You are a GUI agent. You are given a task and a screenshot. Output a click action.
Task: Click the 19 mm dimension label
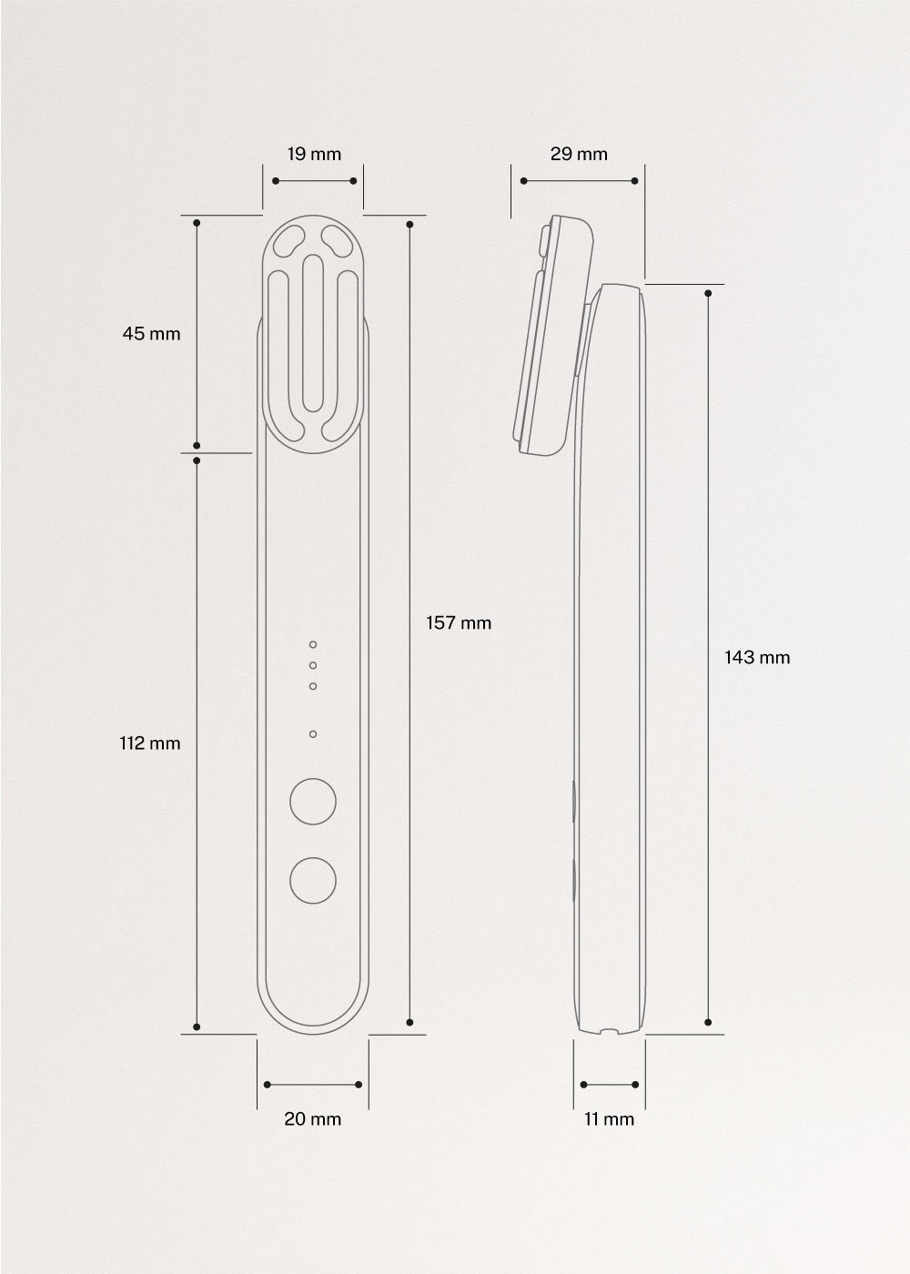314,154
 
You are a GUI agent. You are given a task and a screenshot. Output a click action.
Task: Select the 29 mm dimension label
579,154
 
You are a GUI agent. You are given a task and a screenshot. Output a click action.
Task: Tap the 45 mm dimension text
152,334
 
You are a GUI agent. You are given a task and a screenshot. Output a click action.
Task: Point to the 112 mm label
150,743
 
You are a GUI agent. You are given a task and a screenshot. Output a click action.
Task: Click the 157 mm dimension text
459,623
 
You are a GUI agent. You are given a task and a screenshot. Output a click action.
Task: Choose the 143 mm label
757,657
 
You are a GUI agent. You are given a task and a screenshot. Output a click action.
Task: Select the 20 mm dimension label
312,1119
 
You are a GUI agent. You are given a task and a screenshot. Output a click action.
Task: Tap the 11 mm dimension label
609,1119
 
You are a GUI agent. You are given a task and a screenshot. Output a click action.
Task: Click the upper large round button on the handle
312,801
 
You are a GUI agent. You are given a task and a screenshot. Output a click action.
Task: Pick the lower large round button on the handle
312,880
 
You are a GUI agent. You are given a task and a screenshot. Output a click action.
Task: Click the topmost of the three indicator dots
312,644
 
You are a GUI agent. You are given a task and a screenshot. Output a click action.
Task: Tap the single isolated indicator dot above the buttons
312,733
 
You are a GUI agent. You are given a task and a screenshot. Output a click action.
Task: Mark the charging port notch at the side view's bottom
609,1032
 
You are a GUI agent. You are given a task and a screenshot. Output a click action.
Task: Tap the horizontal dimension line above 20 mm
312,1084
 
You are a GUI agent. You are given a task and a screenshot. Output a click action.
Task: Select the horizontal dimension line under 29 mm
579,181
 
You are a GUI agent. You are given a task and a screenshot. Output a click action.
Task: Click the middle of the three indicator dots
312,666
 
